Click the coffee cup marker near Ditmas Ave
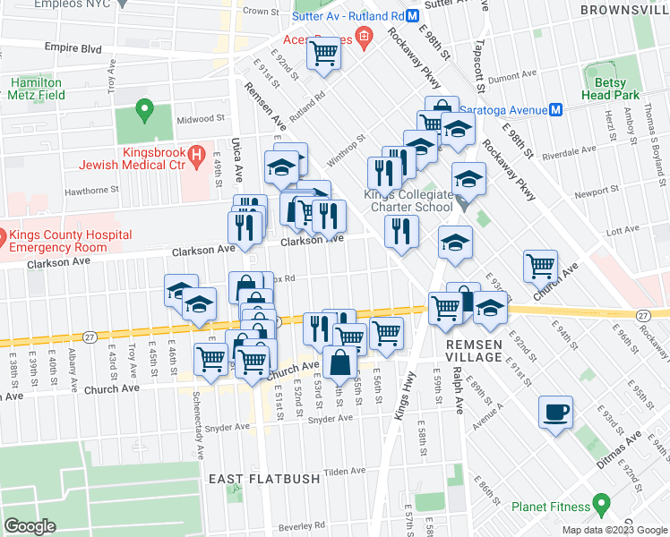555,413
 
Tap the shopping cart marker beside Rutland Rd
323,54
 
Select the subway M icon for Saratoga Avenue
555,109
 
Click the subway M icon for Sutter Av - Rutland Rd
412,16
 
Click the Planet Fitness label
550,507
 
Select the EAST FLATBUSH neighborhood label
263,479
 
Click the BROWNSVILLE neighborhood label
624,10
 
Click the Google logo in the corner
30,525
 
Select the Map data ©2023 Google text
614,529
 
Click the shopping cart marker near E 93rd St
541,265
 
